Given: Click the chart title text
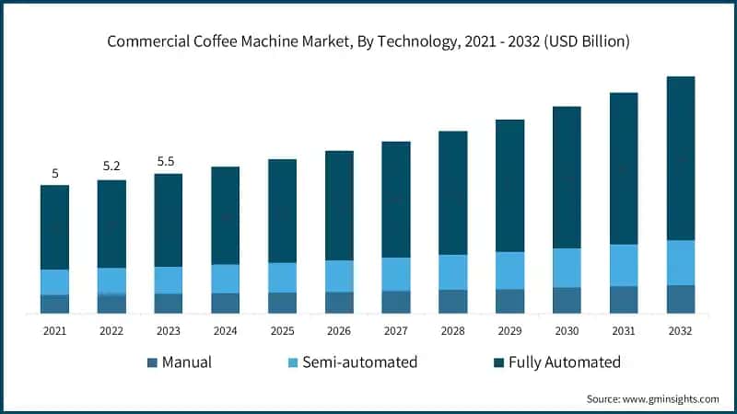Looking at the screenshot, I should coord(368,41).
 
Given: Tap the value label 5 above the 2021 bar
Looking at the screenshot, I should coord(55,173).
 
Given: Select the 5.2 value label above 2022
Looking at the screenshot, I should coord(111,167).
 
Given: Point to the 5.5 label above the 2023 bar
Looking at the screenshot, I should coord(167,161).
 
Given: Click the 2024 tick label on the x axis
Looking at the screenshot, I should coord(225,330).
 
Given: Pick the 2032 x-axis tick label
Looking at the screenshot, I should coord(680,330).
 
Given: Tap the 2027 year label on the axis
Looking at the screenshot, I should coord(395,330).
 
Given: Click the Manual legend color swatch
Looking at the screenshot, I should coord(153,362).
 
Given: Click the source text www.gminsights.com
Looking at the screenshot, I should coord(652,398).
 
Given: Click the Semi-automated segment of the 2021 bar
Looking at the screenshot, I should coord(54,282).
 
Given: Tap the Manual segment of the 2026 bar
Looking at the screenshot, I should coord(339,303).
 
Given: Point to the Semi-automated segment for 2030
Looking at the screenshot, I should coord(567,268).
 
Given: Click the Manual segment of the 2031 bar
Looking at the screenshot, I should coord(624,300).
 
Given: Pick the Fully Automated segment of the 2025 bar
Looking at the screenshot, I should coord(282,211).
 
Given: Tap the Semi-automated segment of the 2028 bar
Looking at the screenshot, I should coord(452,272).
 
